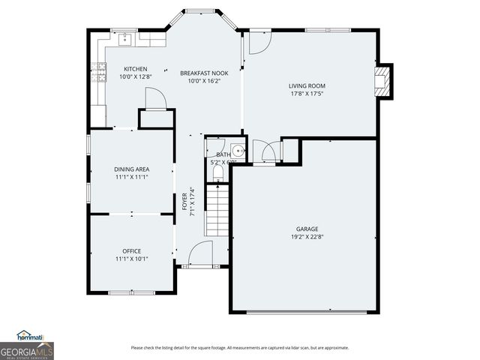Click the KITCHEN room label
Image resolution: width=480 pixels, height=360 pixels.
(x=136, y=69)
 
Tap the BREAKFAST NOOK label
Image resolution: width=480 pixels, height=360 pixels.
(x=204, y=73)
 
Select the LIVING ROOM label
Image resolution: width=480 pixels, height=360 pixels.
(x=307, y=85)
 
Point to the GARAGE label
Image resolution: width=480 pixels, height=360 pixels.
(x=307, y=229)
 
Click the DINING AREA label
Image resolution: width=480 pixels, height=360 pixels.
(x=131, y=169)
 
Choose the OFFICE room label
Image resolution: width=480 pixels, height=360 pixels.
(x=131, y=251)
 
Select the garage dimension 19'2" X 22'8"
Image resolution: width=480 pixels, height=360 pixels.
(x=307, y=237)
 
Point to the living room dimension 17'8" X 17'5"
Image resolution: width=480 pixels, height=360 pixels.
(x=307, y=94)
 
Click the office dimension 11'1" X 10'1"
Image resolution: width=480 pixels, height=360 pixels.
(x=131, y=259)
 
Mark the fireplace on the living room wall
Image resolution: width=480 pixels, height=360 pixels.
(x=383, y=79)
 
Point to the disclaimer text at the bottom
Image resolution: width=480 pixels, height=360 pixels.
(x=239, y=347)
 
